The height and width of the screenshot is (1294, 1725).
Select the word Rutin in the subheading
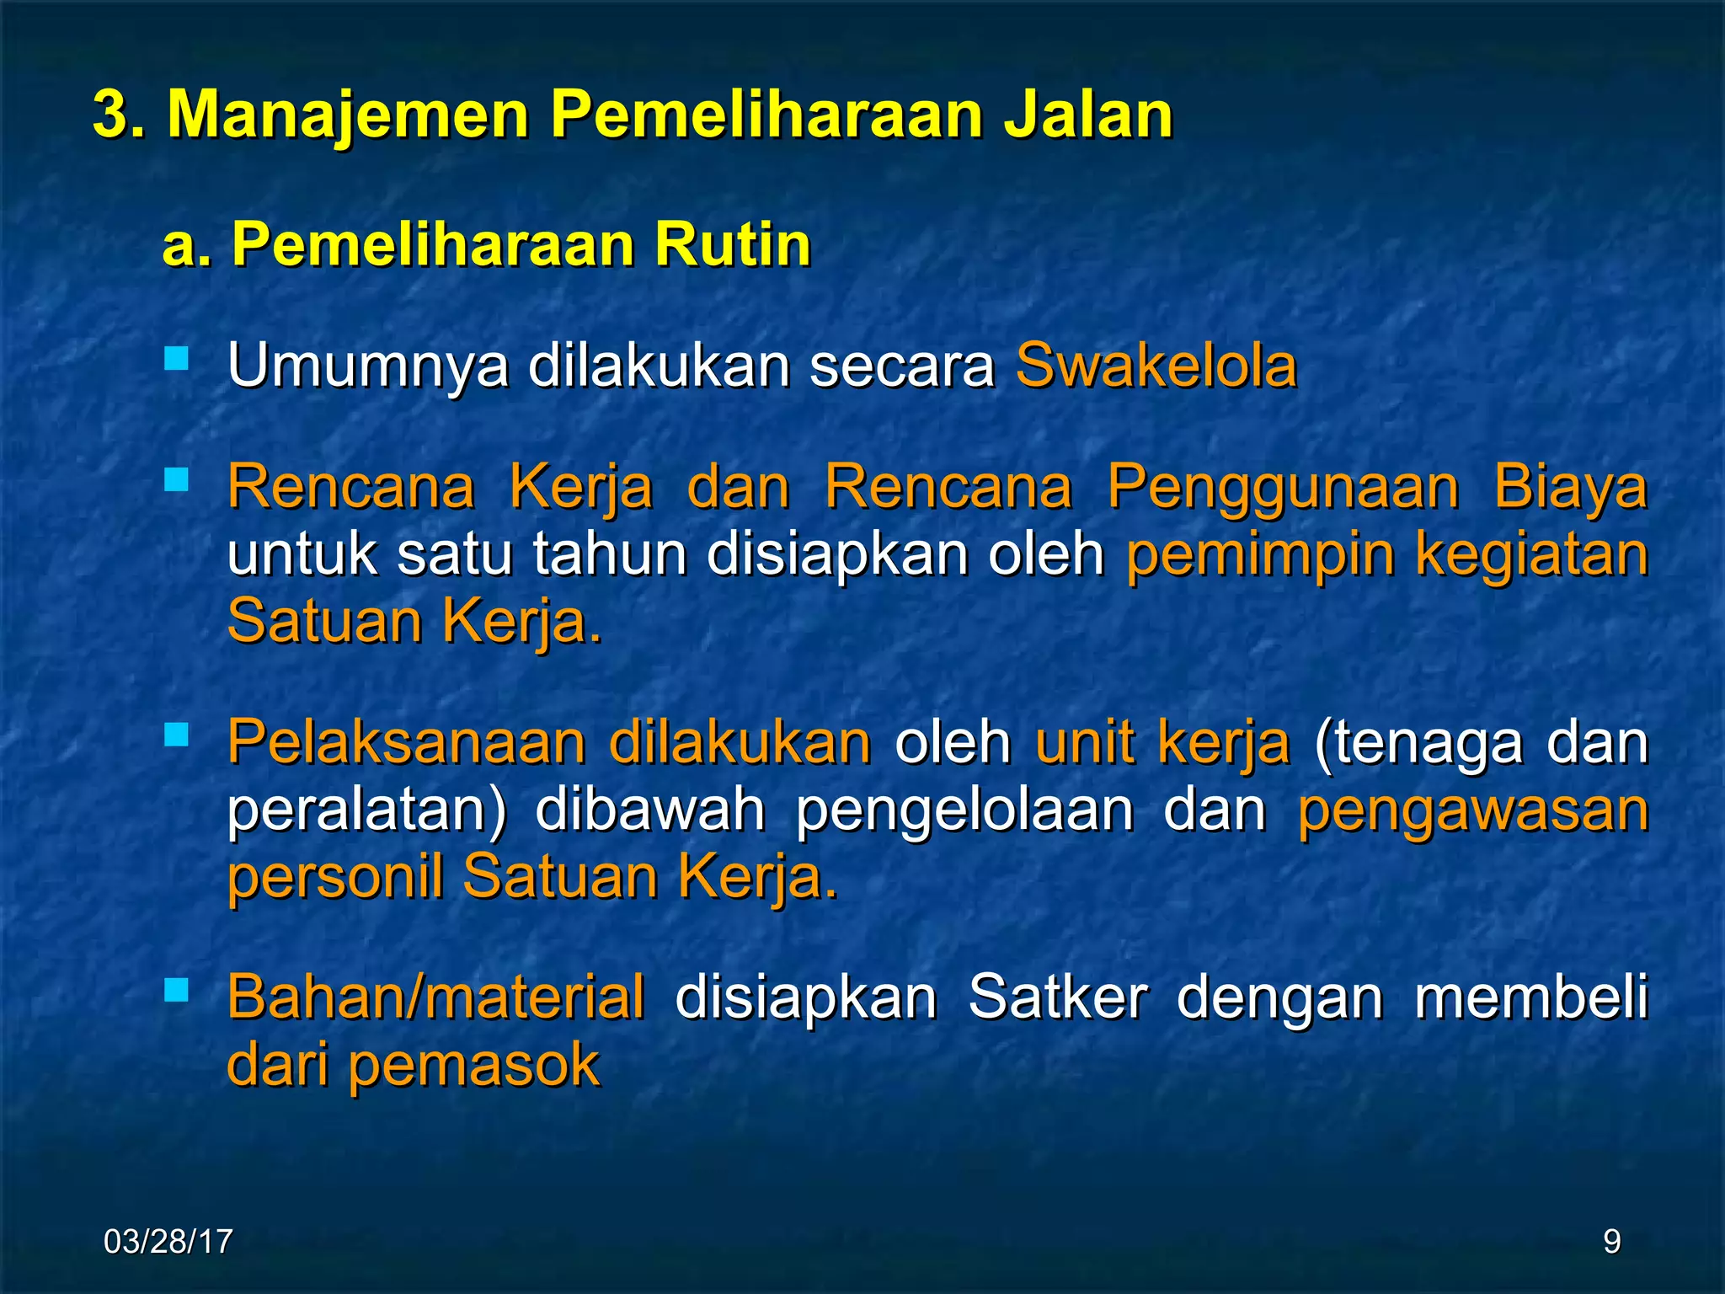click(x=732, y=245)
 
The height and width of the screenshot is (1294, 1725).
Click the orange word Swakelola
click(x=1156, y=366)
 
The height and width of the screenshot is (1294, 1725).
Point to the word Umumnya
click(x=368, y=367)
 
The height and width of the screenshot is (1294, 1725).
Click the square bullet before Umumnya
click(x=177, y=361)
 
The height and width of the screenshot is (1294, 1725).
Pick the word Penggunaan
click(x=1282, y=487)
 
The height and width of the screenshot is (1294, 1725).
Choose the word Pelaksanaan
click(x=406, y=742)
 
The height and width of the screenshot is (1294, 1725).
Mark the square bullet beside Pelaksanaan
click(x=177, y=735)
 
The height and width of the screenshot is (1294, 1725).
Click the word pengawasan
click(x=1472, y=810)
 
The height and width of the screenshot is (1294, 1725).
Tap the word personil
click(x=335, y=877)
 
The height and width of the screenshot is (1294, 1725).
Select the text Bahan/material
click(x=435, y=997)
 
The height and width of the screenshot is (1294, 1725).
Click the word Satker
click(x=1057, y=997)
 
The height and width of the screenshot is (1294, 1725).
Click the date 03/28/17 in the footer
click(x=168, y=1242)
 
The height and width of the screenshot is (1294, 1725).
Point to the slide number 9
click(x=1611, y=1242)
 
